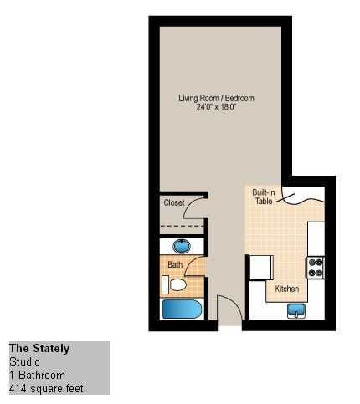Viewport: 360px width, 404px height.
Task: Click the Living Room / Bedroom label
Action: (216, 98)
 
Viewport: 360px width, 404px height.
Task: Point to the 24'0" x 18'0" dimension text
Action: (216, 107)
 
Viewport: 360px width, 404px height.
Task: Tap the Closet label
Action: (174, 202)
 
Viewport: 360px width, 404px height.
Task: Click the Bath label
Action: (175, 264)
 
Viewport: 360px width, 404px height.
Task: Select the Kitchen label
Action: (287, 289)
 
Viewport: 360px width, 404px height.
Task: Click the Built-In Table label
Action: (264, 197)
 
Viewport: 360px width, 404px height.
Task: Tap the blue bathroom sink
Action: (182, 247)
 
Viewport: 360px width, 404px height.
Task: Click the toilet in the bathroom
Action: (174, 284)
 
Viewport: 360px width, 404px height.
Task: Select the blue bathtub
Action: (182, 309)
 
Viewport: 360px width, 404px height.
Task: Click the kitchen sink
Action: (296, 311)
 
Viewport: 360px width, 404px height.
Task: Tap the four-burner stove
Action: (316, 267)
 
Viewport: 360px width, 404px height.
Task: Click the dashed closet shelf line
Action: (182, 226)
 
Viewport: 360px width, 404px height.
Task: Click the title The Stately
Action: (39, 349)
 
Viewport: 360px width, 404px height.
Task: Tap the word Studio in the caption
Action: (24, 361)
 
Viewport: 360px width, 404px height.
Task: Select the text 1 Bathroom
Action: (37, 375)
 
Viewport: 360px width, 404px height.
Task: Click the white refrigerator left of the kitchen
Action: (261, 268)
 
